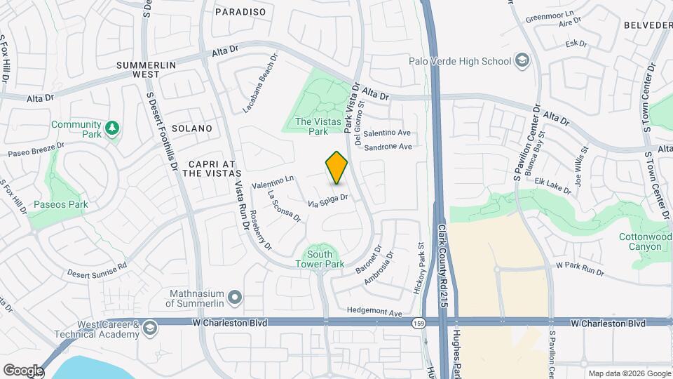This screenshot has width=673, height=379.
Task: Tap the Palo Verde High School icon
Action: tap(521, 61)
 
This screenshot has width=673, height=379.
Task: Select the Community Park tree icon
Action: tap(112, 128)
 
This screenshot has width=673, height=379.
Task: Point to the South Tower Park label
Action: tap(320, 259)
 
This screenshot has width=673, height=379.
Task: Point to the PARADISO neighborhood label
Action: tap(240, 12)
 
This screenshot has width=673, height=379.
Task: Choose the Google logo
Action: tap(23, 370)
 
